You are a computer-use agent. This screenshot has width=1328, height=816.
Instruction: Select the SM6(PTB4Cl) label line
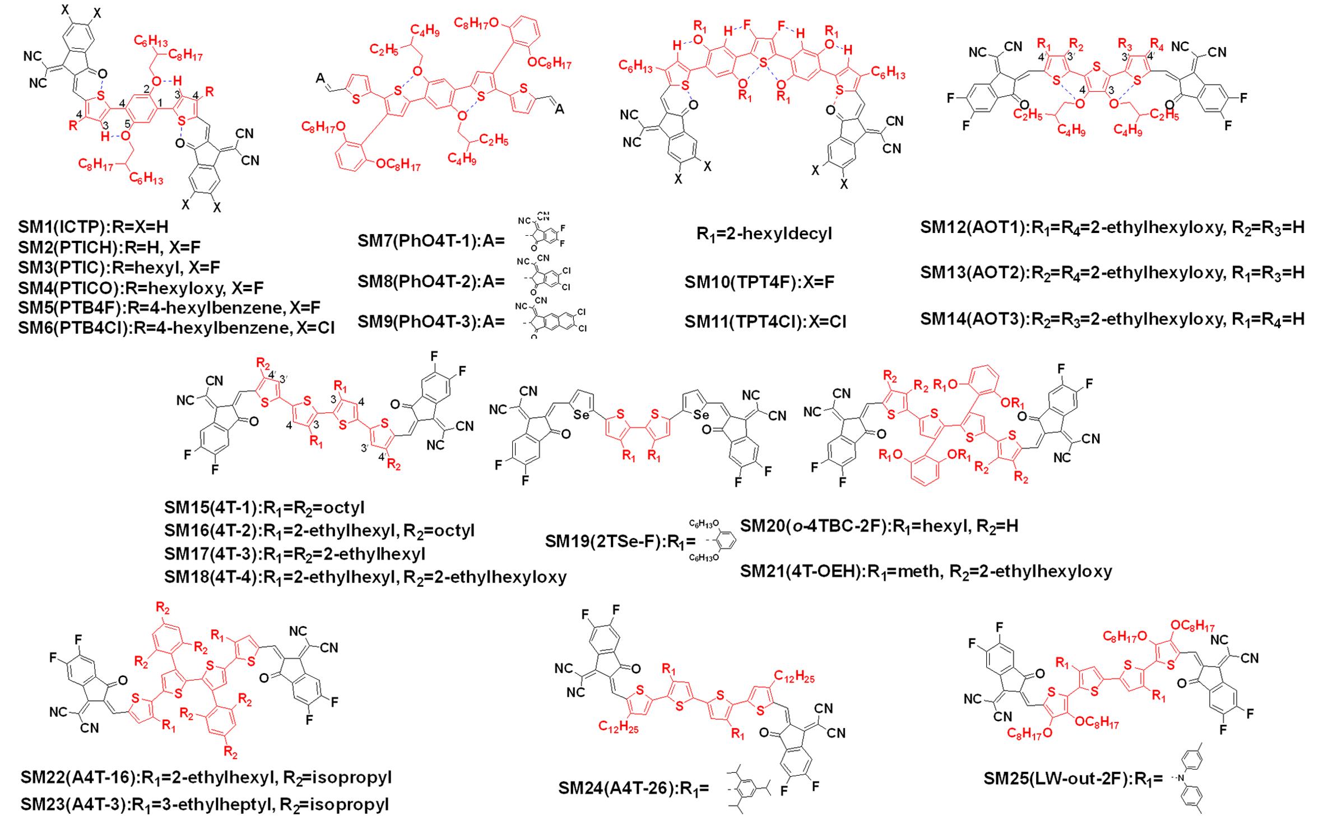(176, 327)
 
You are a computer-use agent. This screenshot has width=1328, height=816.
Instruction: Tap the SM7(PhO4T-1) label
(431, 241)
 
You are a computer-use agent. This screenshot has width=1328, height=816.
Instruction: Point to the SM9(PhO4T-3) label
(431, 321)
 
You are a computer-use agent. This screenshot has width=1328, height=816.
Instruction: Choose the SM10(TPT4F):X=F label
(759, 282)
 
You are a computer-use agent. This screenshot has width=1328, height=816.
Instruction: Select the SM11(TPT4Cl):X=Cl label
(765, 321)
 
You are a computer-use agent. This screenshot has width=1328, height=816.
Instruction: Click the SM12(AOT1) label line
(1112, 227)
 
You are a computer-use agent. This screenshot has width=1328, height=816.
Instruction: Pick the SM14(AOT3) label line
(1112, 319)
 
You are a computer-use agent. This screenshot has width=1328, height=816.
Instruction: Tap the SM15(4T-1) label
(264, 507)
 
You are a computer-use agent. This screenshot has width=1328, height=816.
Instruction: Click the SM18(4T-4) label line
(365, 576)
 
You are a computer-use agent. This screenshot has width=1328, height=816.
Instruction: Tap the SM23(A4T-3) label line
(205, 804)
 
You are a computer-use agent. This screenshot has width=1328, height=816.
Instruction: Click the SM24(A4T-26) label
(633, 788)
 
